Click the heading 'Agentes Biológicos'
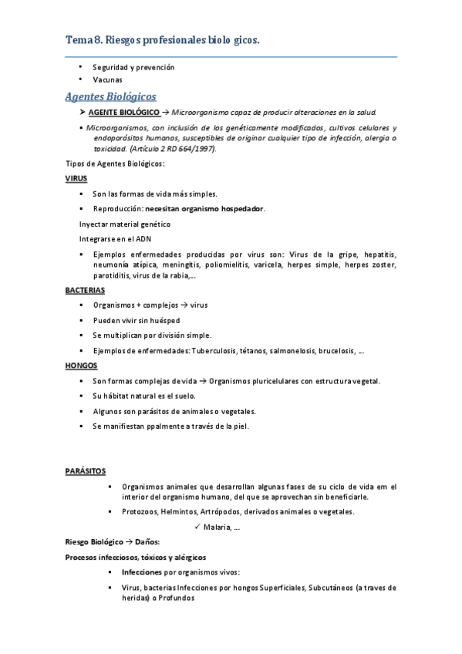coord(110,96)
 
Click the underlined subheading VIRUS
coord(76,178)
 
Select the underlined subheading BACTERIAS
coord(85,291)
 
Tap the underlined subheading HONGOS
coord(81,366)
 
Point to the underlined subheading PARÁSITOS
coord(86,470)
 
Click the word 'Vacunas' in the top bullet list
coord(107,79)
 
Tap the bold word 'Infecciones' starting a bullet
coord(141,572)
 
